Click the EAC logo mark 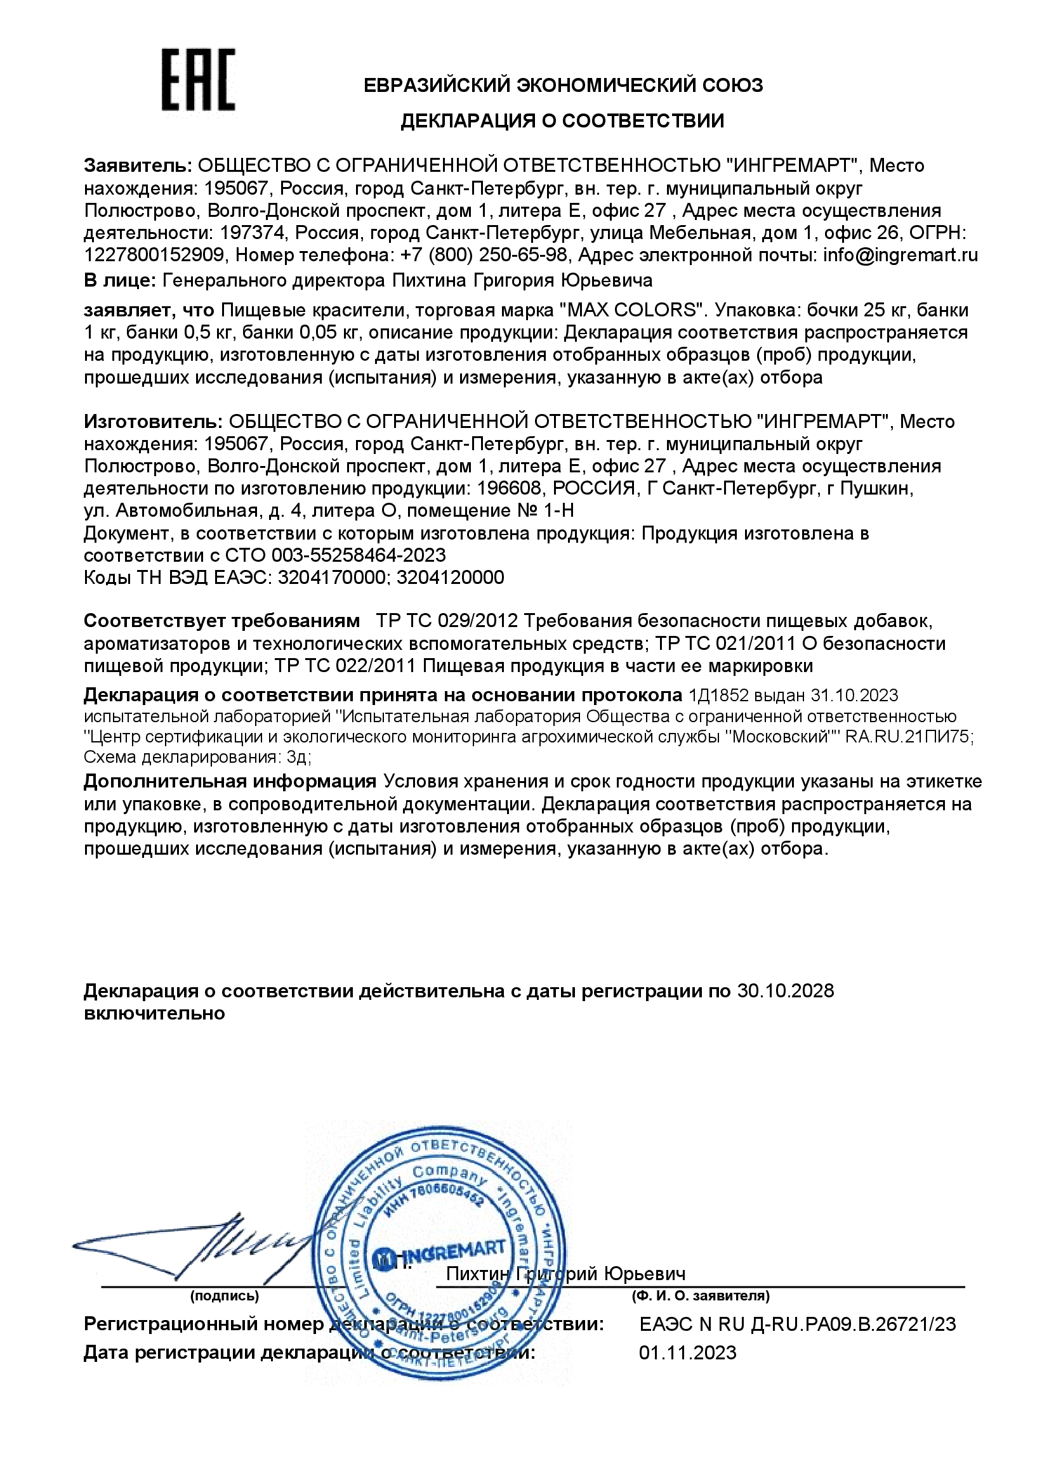197,79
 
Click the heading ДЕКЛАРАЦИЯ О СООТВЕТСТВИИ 562,121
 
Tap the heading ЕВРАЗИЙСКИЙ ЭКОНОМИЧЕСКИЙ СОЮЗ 563,84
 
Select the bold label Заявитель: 138,165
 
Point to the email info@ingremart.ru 900,255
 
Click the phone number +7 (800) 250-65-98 484,255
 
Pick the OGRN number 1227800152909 154,255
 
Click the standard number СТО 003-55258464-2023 336,555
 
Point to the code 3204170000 331,577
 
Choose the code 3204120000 450,577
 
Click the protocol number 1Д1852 718,695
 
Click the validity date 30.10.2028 785,990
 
